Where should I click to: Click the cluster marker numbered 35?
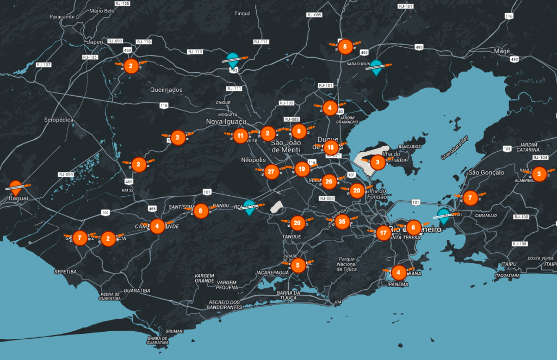[342, 221]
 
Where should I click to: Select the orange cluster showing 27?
[271, 172]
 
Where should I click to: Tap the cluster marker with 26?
[329, 182]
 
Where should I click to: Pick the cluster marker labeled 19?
[301, 169]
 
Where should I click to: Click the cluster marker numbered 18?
[330, 147]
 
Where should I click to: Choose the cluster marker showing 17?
[383, 233]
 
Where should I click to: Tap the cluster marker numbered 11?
[240, 135]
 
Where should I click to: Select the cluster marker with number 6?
[413, 227]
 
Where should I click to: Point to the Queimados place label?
[166, 90]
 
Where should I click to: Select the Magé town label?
[501, 51]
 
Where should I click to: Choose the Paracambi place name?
[61, 17]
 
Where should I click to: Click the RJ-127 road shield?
[43, 65]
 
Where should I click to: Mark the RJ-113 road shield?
[195, 52]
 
